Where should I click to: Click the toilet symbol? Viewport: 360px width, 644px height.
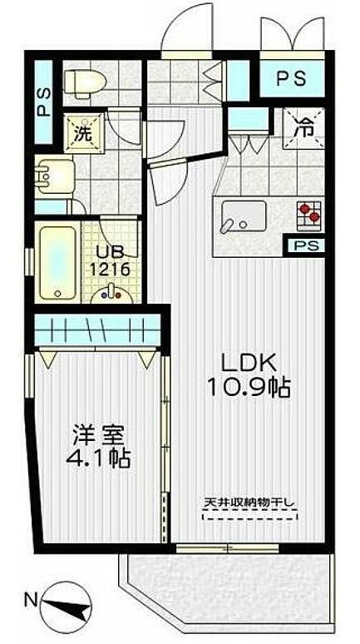tap(86, 83)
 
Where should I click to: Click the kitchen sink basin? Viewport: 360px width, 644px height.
tap(243, 216)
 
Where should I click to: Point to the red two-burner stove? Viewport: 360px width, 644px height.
tap(309, 215)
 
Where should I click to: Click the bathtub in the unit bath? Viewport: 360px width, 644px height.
tap(58, 262)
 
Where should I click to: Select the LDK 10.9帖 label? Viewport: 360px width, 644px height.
tap(249, 374)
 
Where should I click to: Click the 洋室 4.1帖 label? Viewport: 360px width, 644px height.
tap(98, 448)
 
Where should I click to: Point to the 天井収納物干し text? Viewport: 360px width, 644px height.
tap(250, 502)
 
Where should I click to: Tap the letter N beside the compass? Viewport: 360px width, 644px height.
tap(30, 601)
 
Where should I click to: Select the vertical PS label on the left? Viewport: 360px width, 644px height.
tap(44, 102)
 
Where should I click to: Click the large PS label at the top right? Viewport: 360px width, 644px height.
tap(291, 79)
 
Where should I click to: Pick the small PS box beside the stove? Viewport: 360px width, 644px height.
tap(305, 245)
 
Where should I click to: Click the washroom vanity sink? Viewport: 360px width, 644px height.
tap(55, 177)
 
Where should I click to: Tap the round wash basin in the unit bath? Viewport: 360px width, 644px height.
tap(111, 294)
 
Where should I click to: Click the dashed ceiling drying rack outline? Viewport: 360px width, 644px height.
tap(250, 515)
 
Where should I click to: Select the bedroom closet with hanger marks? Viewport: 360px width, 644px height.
tap(97, 329)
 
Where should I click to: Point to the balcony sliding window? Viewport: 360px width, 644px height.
tap(228, 547)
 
